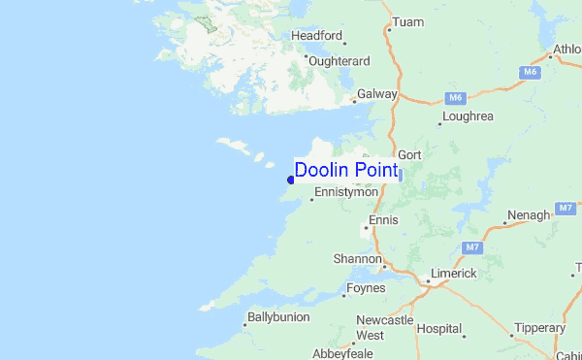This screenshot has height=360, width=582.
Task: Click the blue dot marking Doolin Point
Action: (x=291, y=180)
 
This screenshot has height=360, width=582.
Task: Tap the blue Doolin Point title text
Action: (x=345, y=171)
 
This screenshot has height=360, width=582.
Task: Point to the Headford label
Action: (x=317, y=36)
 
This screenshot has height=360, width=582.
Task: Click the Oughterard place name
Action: (x=339, y=60)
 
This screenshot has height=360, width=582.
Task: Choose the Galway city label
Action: (x=377, y=94)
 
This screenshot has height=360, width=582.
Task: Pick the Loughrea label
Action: (x=468, y=116)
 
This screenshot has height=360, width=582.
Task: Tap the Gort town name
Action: (x=409, y=154)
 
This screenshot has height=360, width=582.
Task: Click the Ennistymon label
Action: (x=346, y=192)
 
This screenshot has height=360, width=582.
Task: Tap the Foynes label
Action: (x=364, y=288)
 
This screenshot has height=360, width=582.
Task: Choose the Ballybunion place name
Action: (x=278, y=316)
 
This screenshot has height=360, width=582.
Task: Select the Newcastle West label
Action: (x=384, y=327)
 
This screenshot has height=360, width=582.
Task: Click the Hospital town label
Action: (x=439, y=329)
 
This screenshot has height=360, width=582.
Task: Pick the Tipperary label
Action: (x=538, y=328)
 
